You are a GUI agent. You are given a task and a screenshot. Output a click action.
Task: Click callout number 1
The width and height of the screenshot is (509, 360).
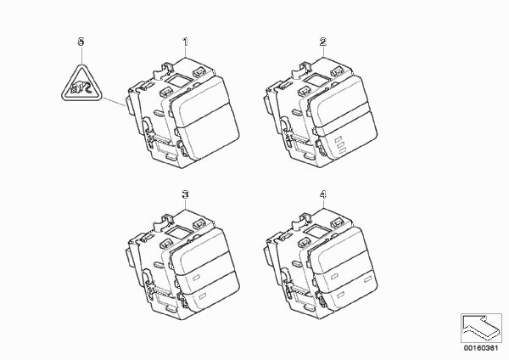pos(185,42)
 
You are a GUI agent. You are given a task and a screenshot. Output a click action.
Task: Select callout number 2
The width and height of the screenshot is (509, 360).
pos(323,42)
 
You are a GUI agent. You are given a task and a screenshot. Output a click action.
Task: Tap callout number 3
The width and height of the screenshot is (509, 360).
pos(185,194)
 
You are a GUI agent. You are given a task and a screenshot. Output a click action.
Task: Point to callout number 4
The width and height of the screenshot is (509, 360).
pos(323,194)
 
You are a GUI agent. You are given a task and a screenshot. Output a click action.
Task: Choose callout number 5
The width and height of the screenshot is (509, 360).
pos(81,42)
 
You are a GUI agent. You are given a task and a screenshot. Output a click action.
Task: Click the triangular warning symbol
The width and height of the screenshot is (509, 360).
pos(81,84)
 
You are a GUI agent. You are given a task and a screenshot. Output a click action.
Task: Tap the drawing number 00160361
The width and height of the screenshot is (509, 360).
pos(481,348)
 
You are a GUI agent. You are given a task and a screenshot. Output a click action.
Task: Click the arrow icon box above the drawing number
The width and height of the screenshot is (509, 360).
pos(481,329)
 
